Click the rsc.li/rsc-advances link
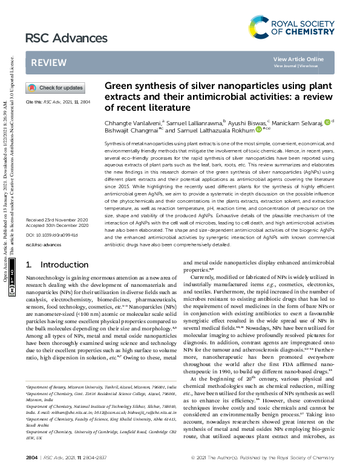click(43, 245)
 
